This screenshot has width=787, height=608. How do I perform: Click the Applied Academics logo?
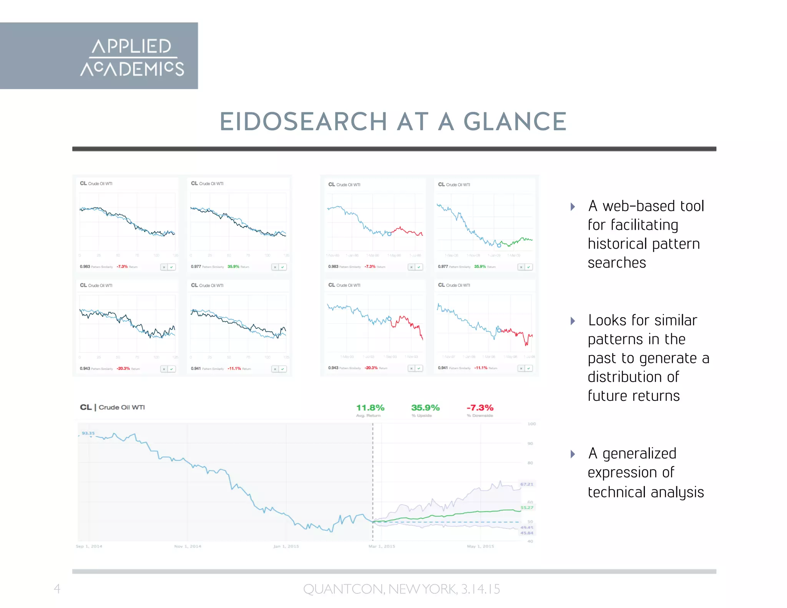coord(132,57)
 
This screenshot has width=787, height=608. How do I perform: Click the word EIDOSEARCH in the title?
coord(303,122)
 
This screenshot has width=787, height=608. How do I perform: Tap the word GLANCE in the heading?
coord(515,122)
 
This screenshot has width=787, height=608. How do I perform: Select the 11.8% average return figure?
coord(370,408)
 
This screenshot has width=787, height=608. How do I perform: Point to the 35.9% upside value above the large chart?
coord(425,408)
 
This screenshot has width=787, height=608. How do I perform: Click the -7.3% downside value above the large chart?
coord(480,408)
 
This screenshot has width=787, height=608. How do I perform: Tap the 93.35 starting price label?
coord(88,433)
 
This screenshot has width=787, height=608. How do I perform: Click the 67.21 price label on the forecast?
coord(527,484)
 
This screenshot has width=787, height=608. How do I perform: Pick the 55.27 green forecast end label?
coord(527,508)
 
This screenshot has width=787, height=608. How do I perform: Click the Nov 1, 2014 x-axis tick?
coord(188,546)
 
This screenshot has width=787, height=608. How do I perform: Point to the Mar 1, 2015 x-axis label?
coord(382,546)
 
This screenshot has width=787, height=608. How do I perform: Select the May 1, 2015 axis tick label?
coord(480,546)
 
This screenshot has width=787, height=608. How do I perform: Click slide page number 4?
coord(57,588)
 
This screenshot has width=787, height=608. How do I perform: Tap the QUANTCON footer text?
coord(401,589)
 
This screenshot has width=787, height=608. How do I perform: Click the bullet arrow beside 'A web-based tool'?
coord(573,207)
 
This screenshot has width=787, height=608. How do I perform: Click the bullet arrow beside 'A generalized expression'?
coord(573,454)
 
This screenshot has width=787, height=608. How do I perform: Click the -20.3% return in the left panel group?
coord(124,369)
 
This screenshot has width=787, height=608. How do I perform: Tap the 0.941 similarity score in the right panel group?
coord(443,368)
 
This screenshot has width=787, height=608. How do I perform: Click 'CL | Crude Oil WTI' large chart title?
coord(112,407)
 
